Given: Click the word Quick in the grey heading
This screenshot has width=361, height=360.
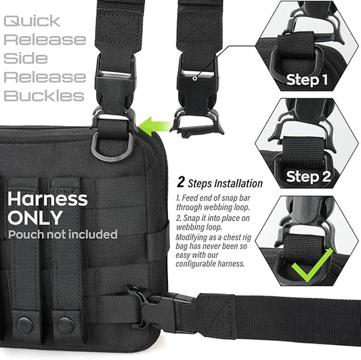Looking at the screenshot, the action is pyautogui.click(x=32, y=21).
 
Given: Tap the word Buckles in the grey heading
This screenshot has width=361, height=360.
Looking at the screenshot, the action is pyautogui.click(x=44, y=96).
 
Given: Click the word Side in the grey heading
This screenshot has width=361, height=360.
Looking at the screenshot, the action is pyautogui.click(x=26, y=58).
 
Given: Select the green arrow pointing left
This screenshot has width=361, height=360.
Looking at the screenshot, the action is pyautogui.click(x=156, y=126).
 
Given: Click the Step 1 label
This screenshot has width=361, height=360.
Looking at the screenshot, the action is pyautogui.click(x=307, y=80).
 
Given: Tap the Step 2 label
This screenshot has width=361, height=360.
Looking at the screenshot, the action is pyautogui.click(x=308, y=177).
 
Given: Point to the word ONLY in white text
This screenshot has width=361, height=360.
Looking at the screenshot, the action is pyautogui.click(x=35, y=218).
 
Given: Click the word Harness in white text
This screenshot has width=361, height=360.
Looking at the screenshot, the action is pyautogui.click(x=47, y=199).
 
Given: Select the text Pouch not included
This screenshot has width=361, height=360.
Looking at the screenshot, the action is pyautogui.click(x=63, y=235).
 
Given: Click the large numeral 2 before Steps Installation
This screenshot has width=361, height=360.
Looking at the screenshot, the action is pyautogui.click(x=181, y=182).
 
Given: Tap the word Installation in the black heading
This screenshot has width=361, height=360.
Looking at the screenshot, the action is pyautogui.click(x=238, y=184).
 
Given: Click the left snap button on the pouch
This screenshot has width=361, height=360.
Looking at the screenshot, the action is pyautogui.click(x=25, y=325).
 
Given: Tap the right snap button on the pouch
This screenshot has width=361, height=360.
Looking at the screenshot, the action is pyautogui.click(x=66, y=325).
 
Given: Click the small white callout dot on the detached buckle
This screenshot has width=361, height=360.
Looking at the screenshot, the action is pyautogui.click(x=195, y=79).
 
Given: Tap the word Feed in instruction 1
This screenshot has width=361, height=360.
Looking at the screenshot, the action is pyautogui.click(x=189, y=198).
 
